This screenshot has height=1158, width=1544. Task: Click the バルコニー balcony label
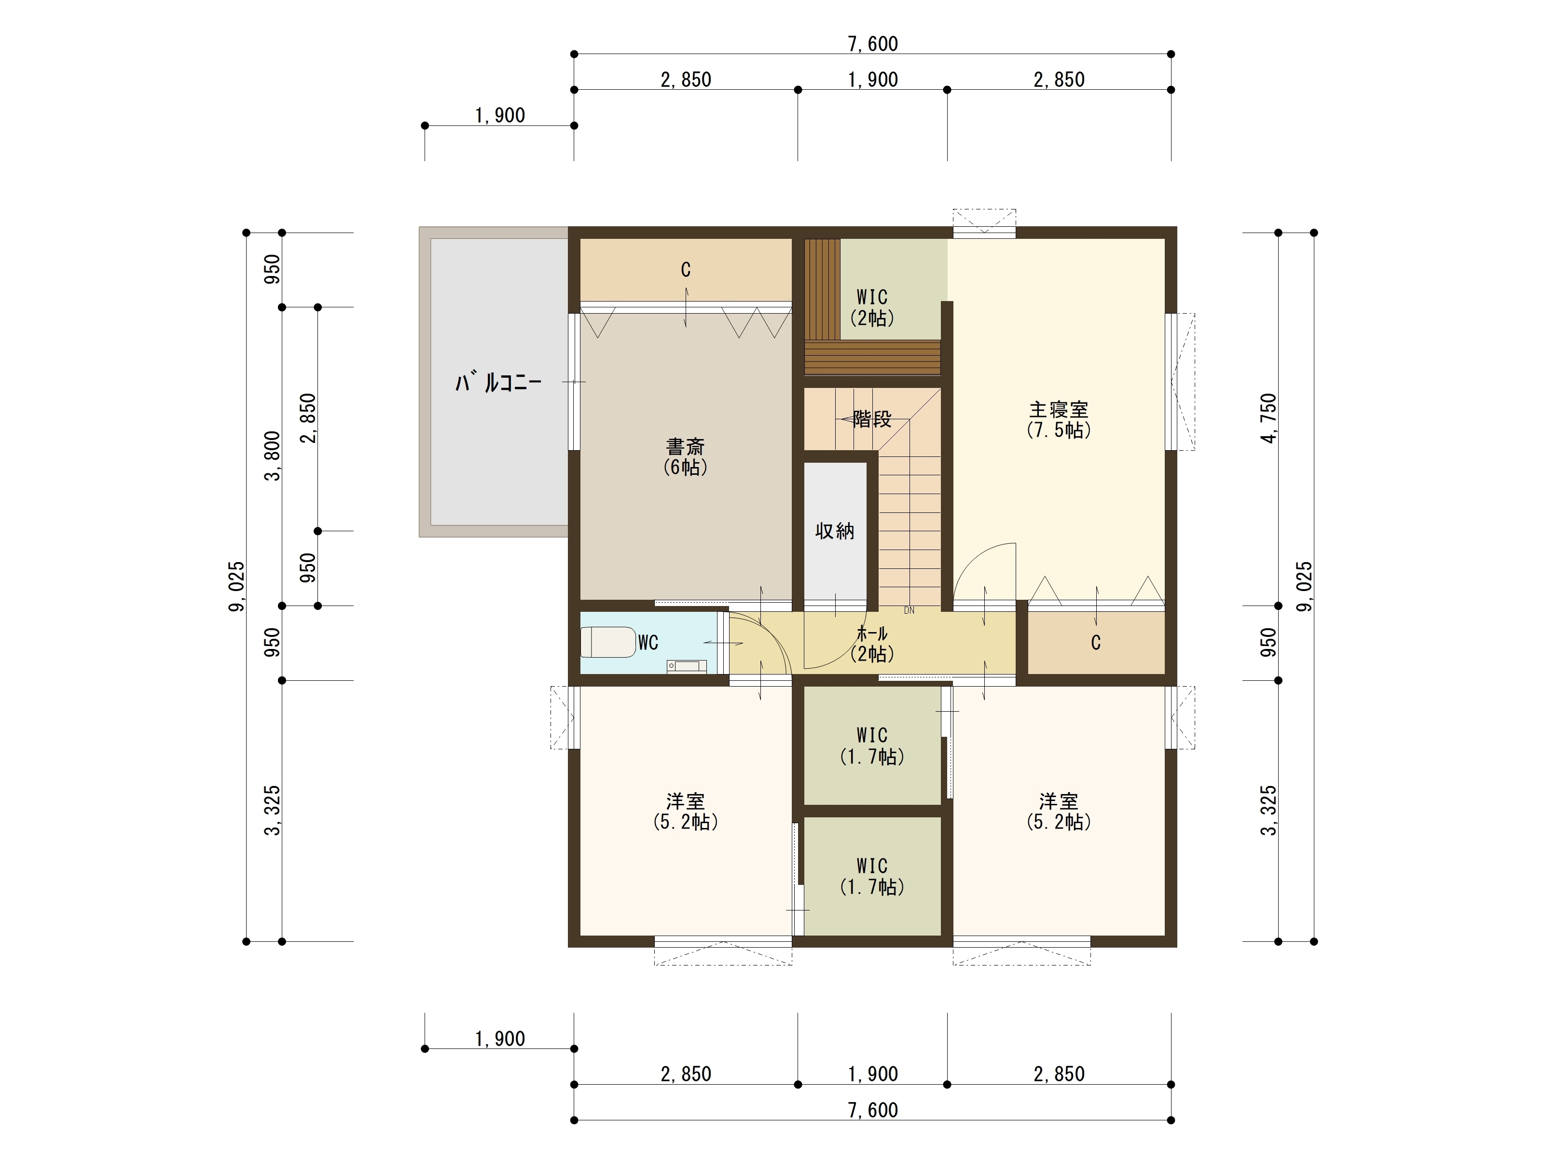(x=498, y=383)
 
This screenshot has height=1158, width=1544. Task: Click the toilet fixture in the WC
(x=608, y=642)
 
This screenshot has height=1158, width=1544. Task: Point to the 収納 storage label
(x=835, y=531)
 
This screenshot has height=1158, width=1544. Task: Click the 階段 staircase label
(x=872, y=419)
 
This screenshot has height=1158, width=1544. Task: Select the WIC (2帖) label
(x=872, y=308)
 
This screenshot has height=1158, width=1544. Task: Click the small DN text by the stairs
(x=909, y=610)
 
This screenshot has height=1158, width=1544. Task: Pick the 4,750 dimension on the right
(x=1268, y=419)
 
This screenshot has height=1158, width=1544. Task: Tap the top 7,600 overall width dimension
(x=872, y=44)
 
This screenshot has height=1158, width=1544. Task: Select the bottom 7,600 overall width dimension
(x=872, y=1110)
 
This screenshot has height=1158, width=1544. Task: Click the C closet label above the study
(x=686, y=269)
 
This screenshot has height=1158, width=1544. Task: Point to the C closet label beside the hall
(x=1096, y=642)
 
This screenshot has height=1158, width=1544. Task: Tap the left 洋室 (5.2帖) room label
(x=686, y=811)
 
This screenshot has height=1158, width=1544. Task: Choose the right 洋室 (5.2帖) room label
(x=1059, y=811)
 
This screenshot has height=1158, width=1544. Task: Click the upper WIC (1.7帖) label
(x=872, y=745)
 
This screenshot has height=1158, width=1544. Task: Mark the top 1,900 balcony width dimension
(x=500, y=116)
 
